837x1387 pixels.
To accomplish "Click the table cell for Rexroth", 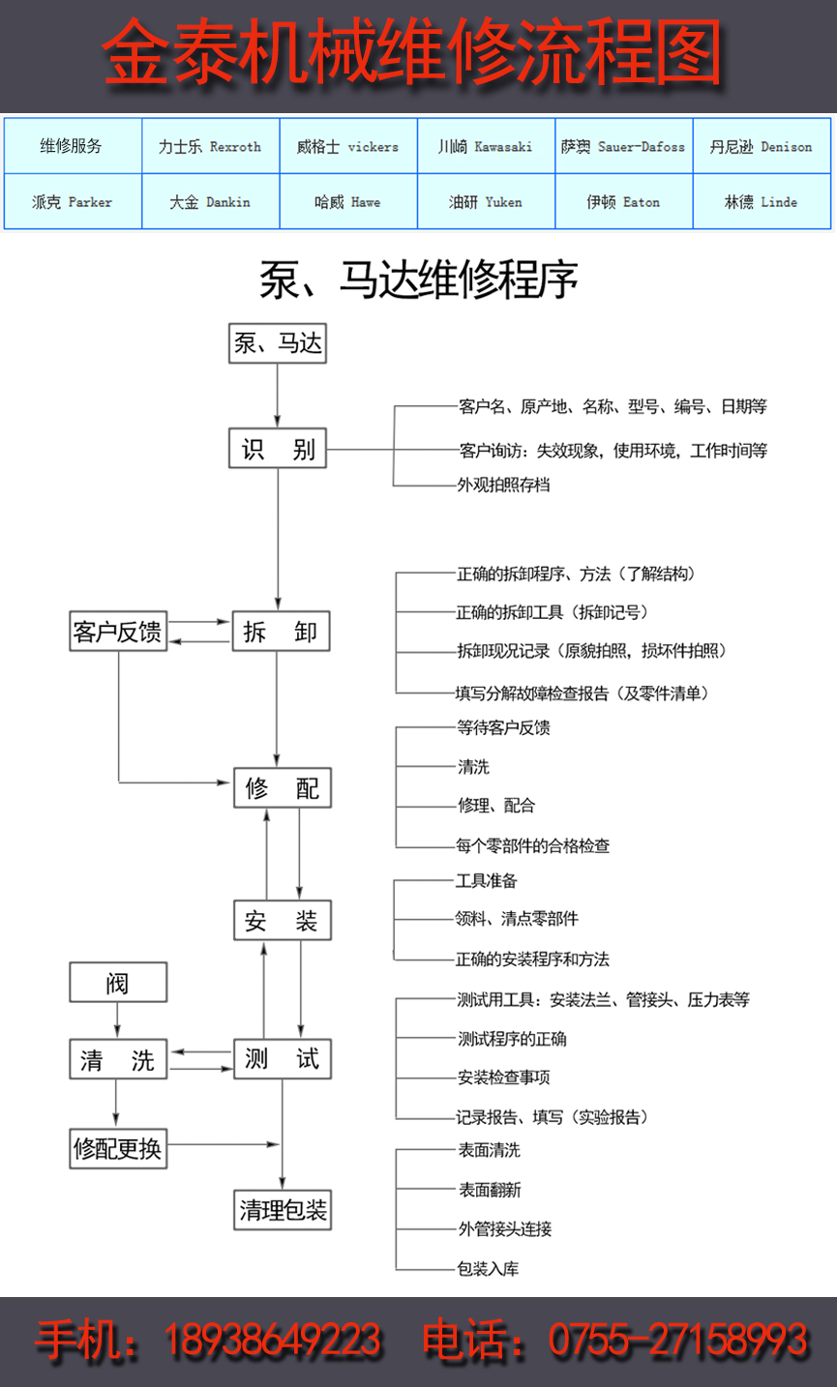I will (x=210, y=147).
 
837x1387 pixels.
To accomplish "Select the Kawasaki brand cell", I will (x=486, y=147).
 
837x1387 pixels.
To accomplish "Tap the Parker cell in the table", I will (x=73, y=202).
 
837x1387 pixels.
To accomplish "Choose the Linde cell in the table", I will (x=762, y=202).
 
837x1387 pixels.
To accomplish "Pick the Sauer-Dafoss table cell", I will (x=623, y=147).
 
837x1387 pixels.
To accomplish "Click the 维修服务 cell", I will (x=73, y=147).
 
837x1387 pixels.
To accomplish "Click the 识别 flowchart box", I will (x=279, y=450).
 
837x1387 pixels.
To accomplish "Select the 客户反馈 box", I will (x=118, y=633).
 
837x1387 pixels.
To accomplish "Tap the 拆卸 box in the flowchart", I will (x=281, y=633).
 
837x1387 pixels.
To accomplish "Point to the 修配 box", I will (x=283, y=788).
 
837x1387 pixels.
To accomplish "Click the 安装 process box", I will (x=283, y=920).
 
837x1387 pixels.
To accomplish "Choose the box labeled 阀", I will (x=118, y=984).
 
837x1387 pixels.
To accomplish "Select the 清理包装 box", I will (x=283, y=1209).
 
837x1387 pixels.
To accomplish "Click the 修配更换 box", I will (x=118, y=1148).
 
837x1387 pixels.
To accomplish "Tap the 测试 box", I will (x=283, y=1059).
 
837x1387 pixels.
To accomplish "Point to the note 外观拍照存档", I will (x=503, y=485).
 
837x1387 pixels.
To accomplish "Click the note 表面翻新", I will (x=490, y=1190).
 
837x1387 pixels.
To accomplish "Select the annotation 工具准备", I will (x=487, y=880).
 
